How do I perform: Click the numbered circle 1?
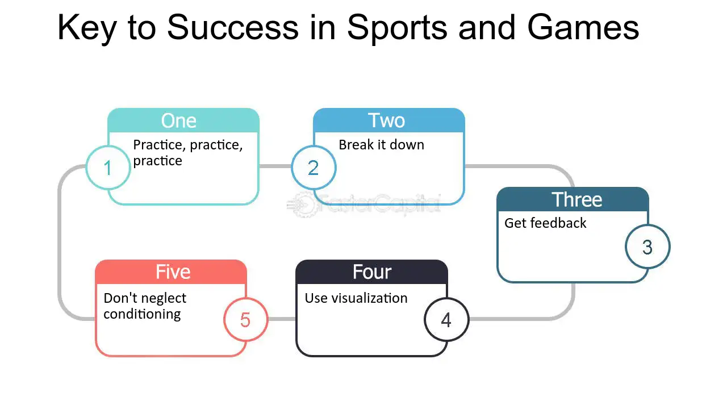(108, 168)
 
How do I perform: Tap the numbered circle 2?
(314, 168)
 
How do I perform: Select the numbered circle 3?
(647, 247)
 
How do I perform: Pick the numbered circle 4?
(446, 320)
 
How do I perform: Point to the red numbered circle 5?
(245, 320)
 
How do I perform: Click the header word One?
(179, 121)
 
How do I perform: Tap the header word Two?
(386, 121)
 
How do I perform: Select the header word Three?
(577, 200)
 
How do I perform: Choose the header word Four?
(372, 272)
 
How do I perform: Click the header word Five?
(173, 272)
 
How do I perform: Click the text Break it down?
(381, 145)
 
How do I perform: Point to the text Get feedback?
(545, 223)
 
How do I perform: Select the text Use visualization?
(356, 298)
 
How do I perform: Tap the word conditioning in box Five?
(142, 314)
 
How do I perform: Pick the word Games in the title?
(583, 27)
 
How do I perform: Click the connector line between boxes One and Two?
(275, 166)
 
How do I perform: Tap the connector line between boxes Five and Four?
(282, 319)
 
